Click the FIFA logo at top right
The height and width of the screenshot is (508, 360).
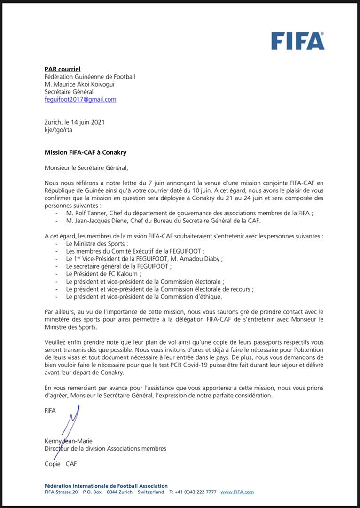(297, 41)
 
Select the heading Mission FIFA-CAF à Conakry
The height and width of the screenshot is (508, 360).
(86, 153)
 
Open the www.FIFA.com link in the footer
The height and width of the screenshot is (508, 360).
(237, 492)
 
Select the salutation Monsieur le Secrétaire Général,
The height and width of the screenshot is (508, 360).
(86, 167)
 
